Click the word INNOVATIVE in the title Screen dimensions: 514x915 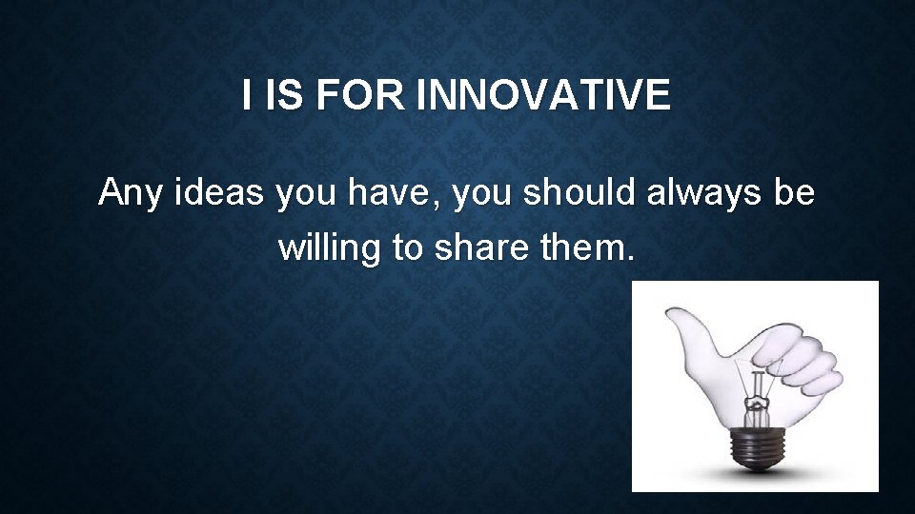click(544, 96)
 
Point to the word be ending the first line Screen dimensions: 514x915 click(795, 194)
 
